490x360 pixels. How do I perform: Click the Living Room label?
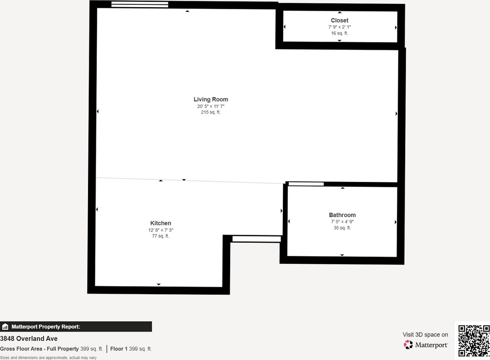[211, 100]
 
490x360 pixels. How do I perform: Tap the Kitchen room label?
[160, 223]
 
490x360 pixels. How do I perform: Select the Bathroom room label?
[342, 215]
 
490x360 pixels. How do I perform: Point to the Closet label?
[340, 20]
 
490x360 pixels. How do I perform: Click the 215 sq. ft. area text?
[211, 112]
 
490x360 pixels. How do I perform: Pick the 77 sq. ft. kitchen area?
[160, 236]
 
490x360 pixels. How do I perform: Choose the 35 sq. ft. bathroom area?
[342, 228]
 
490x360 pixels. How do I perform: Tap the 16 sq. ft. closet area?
[340, 33]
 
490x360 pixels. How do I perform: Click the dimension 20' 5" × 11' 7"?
[211, 106]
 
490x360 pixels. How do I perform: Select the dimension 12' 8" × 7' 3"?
[160, 230]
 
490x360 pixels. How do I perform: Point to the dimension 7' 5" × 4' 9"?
[342, 222]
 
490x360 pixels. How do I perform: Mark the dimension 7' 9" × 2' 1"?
[340, 27]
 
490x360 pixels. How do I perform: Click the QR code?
[474, 340]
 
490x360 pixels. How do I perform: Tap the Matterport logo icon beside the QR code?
[408, 345]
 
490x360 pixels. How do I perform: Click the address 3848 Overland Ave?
[29, 339]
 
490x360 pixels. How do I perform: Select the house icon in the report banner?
[5, 327]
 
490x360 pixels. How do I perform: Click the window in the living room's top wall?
[140, 5]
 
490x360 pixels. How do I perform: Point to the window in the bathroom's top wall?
[306, 184]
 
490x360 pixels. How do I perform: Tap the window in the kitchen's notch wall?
[256, 239]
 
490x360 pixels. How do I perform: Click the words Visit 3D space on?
[425, 335]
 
